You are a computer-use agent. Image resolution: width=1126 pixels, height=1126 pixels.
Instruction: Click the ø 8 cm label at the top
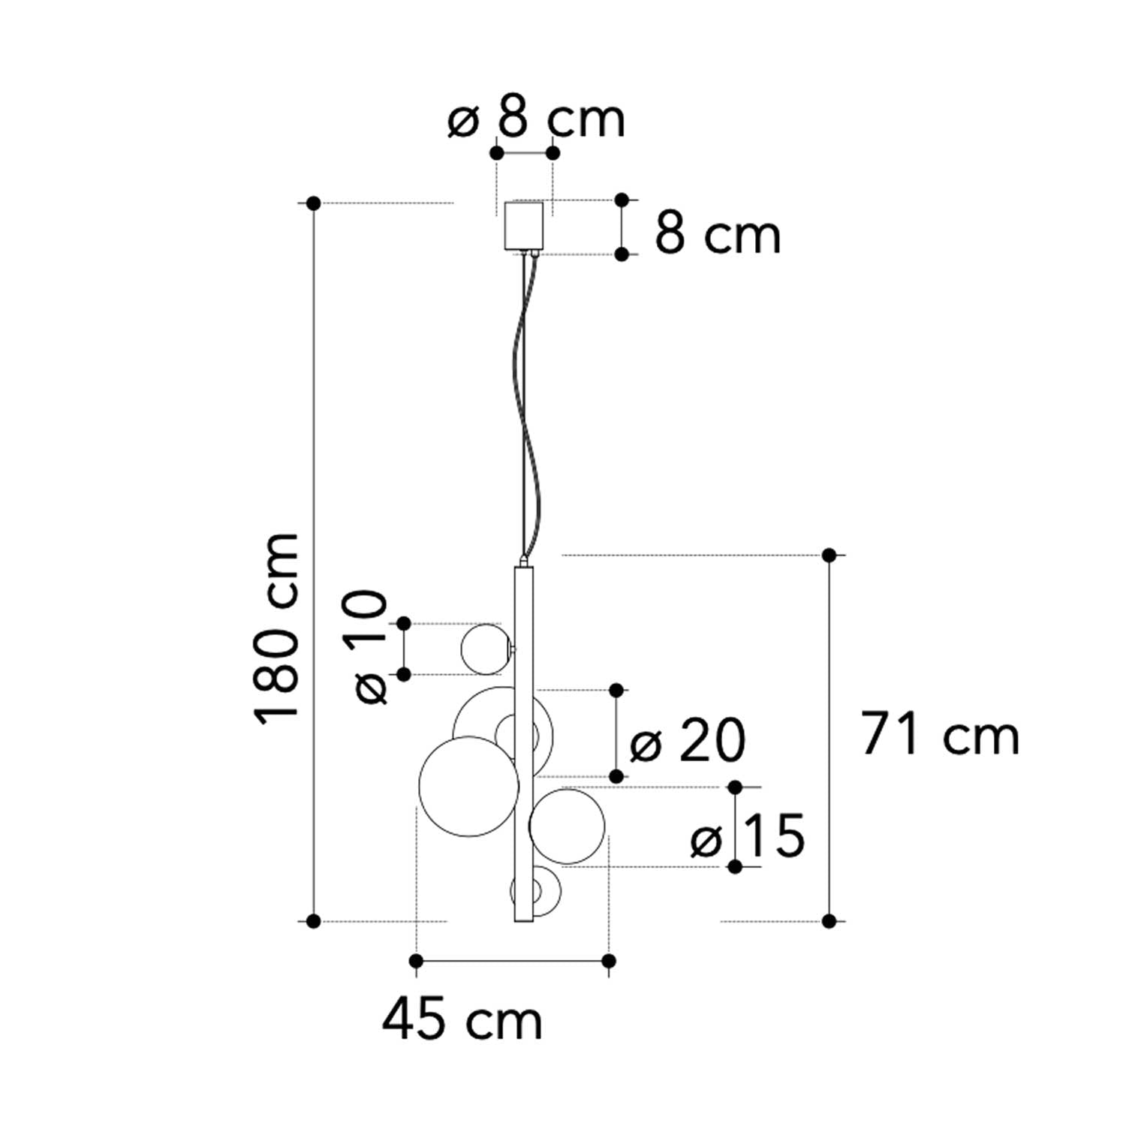tap(536, 119)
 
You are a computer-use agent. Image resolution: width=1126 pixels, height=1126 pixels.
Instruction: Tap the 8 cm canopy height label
tap(718, 233)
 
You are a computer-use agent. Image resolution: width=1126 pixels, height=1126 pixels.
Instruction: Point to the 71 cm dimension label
tap(940, 734)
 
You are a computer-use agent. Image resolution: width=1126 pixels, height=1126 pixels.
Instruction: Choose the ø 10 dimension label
tap(366, 647)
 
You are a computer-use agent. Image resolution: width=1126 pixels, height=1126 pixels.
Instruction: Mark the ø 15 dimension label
tap(748, 835)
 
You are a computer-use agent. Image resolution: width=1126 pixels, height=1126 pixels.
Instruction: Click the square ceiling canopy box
tap(523, 224)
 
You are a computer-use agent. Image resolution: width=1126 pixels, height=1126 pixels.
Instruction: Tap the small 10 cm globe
tap(486, 649)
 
